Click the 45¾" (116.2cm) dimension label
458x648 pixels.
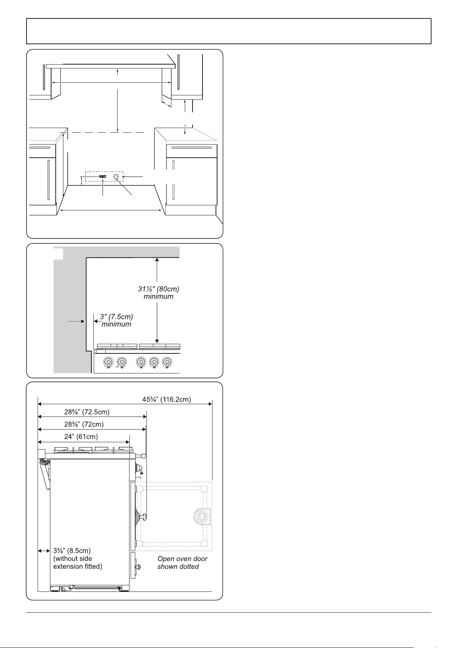tap(166, 400)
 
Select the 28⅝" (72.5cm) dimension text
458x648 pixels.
tap(87, 412)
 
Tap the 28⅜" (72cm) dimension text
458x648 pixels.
tap(84, 425)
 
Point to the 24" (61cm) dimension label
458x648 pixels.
tap(81, 436)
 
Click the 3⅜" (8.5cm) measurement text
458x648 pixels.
tap(72, 550)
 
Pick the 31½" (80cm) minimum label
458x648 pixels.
tap(158, 293)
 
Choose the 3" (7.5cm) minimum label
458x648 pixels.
tap(116, 320)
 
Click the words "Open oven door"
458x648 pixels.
tap(183, 559)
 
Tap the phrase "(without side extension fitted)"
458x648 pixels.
tap(78, 562)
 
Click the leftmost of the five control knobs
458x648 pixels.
tap(108, 362)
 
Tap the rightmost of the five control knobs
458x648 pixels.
tap(167, 362)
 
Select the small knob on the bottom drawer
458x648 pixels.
tap(138, 566)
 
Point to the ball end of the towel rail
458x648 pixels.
tap(143, 456)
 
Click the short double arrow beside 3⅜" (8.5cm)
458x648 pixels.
tap(44, 551)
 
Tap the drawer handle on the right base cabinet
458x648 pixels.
tap(192, 147)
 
